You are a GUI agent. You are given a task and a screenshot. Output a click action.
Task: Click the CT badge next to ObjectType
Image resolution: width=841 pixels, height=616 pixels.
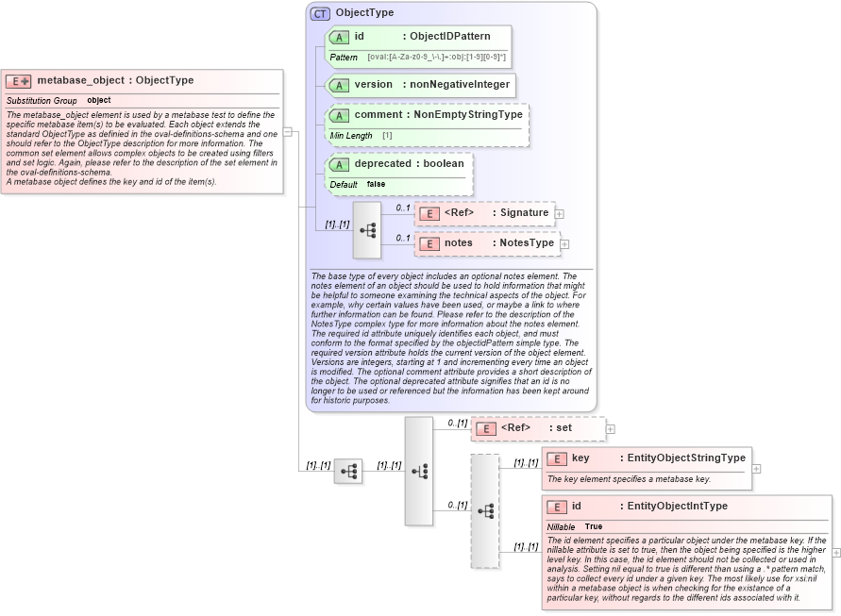pos(321,13)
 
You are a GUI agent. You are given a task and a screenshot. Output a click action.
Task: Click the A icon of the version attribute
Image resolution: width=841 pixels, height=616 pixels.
pos(339,85)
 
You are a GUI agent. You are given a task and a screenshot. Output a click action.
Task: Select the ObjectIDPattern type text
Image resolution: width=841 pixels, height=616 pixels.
pos(450,37)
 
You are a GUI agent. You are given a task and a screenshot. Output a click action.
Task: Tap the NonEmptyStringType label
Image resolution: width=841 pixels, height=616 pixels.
pos(468,115)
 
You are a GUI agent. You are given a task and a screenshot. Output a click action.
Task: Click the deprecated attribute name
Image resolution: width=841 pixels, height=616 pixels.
pos(382,163)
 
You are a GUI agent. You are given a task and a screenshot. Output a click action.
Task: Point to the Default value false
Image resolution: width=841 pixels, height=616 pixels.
pos(376,184)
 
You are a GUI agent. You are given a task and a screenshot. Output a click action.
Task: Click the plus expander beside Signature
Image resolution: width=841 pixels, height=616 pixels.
pos(560,213)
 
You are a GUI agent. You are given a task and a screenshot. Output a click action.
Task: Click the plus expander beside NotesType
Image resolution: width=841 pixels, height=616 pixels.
pos(565,244)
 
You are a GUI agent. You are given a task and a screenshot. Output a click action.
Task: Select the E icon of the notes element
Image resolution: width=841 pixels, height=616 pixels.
pos(429,243)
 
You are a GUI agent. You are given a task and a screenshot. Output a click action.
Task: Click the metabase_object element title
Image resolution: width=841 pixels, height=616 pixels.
pos(115,81)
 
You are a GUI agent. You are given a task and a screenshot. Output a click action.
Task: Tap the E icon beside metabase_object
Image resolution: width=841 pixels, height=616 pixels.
pos(19,81)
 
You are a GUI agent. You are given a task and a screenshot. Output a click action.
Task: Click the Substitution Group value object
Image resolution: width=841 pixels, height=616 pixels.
pos(99,100)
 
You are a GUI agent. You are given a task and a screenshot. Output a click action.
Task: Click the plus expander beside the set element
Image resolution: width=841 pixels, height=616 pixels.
pos(611,428)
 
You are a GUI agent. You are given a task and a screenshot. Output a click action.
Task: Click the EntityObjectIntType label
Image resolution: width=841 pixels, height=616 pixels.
pos(677,507)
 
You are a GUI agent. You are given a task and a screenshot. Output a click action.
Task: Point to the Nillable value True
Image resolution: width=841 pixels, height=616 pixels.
pos(594,526)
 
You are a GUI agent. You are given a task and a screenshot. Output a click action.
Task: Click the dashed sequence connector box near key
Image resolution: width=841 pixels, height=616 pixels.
pos(485,510)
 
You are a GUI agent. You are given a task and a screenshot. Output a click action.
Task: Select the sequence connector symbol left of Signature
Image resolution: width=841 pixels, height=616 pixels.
pos(367,229)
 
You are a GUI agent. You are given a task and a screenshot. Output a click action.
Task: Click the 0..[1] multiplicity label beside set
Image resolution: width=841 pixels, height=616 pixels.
pos(458,423)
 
